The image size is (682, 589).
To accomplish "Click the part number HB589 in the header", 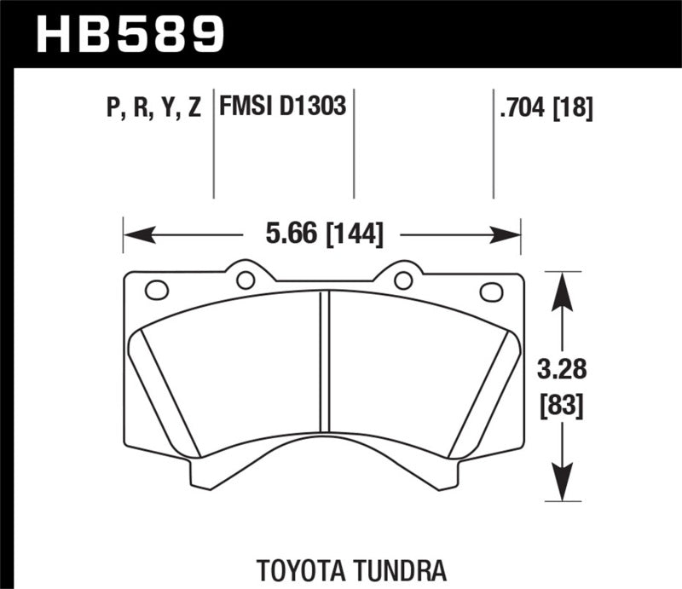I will (x=130, y=34).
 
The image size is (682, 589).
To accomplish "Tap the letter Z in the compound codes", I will (x=194, y=108).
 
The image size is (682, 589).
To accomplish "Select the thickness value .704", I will (x=522, y=108).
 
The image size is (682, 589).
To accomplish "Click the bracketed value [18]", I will (x=571, y=108).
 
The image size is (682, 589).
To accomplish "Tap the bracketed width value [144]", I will (x=353, y=233).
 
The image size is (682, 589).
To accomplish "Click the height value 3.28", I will (x=560, y=372).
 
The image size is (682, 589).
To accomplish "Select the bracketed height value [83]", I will (x=560, y=407).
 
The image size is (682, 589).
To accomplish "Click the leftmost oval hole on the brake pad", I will (x=157, y=290).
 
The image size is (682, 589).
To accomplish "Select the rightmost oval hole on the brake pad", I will (x=492, y=292).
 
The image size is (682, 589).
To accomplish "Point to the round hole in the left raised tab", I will (x=245, y=279).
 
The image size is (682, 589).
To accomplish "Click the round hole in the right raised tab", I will (x=403, y=279).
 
